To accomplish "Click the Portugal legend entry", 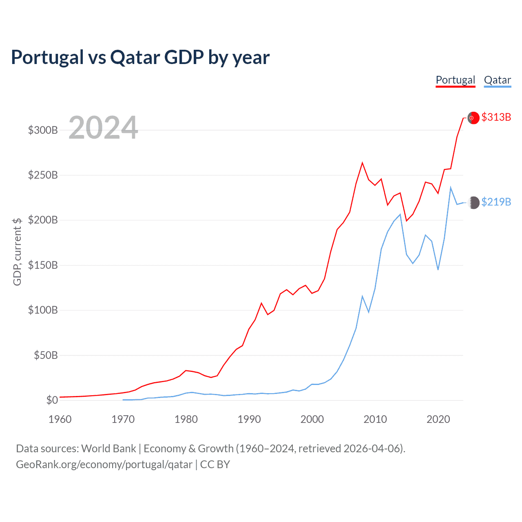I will pos(456,80).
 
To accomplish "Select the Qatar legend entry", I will pos(497,80).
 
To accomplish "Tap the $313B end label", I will pos(496,117).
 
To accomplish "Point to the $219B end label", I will pos(496,202).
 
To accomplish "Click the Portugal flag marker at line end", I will pos(473,117).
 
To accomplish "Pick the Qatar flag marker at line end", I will pos(473,202).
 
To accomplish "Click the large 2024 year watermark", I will pos(103,128).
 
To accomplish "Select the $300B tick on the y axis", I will pos(43,130).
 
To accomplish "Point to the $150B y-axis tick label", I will pos(43,265).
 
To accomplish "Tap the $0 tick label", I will pos(52,400).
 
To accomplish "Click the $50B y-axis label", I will pos(46,355).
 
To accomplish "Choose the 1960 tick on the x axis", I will pos(60,419).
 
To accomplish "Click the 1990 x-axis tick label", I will pos(249,419).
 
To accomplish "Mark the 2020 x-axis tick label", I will pos(438,419).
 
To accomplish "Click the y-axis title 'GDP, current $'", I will pos(17,252).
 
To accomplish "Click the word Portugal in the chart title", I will pos(47,58).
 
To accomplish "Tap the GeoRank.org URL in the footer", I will pos(104,464).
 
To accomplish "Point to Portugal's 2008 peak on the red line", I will pos(362,163).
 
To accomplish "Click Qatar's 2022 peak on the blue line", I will pos(451,188).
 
